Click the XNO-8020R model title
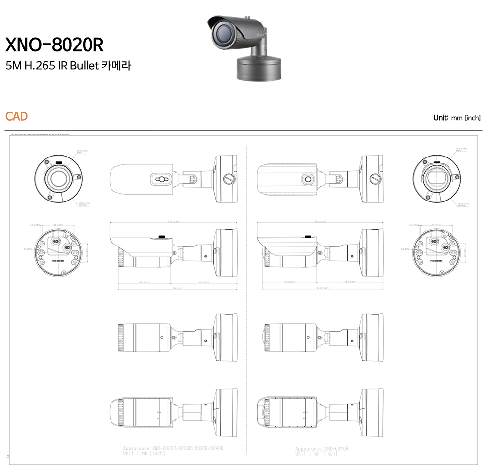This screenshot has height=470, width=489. [x=54, y=45]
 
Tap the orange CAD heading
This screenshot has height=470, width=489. [x=16, y=116]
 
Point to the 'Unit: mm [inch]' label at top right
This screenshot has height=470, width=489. [x=457, y=118]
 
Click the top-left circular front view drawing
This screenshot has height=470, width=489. [x=57, y=179]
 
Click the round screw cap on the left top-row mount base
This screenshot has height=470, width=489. [x=228, y=179]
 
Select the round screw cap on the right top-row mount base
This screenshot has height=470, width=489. [x=375, y=179]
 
